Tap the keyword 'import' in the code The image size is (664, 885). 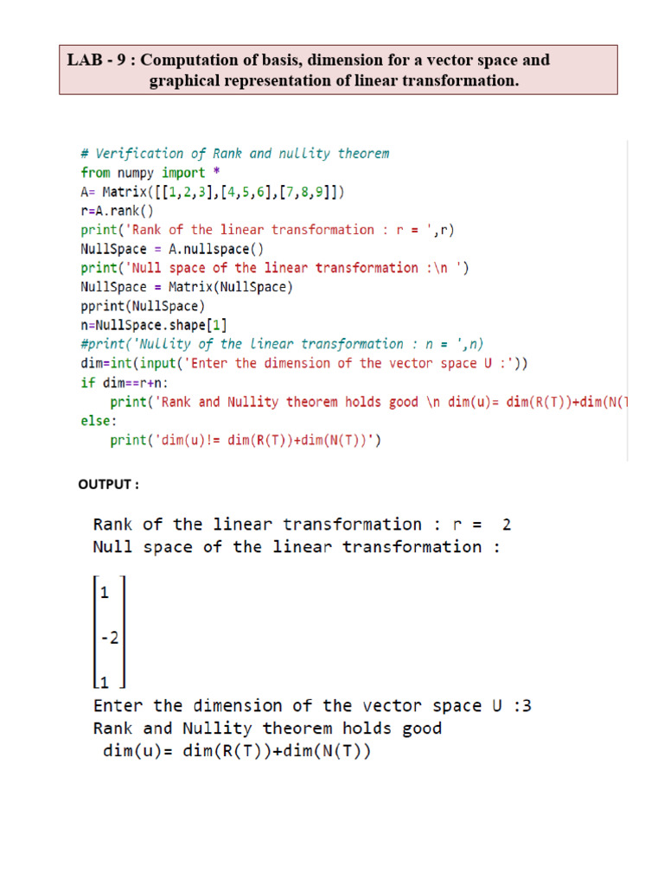183,173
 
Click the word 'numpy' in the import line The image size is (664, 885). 136,173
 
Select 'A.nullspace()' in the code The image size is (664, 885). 215,249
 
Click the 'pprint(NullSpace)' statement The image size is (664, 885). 143,306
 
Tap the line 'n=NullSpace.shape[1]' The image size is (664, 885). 154,325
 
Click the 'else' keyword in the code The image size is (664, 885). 96,421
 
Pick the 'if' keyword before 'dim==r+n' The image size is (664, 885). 88,382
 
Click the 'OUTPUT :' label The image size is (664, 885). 109,484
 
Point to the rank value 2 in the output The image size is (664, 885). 507,525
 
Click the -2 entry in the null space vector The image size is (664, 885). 109,638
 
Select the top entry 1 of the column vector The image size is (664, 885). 105,593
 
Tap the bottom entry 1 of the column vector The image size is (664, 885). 105,681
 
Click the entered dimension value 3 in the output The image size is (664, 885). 527,706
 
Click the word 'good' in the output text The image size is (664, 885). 422,729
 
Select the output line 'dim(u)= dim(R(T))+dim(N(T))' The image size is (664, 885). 236,751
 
